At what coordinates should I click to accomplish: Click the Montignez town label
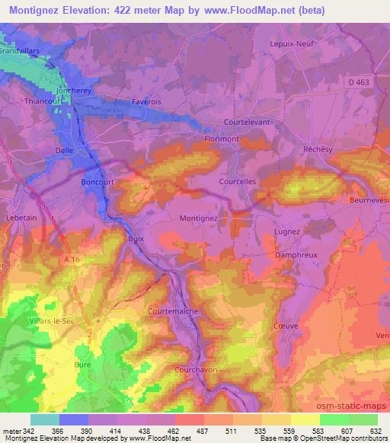click(x=198, y=218)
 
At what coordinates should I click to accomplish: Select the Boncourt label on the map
click(x=96, y=183)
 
